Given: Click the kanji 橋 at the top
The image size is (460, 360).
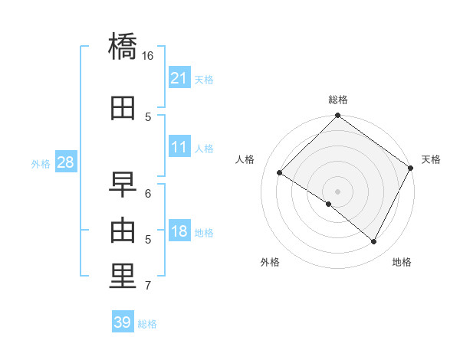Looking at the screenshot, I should [123, 47].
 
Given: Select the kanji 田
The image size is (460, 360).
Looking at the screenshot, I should [123, 108].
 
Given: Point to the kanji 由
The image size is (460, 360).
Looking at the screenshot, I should [123, 230].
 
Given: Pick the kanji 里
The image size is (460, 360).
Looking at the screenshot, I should [123, 277].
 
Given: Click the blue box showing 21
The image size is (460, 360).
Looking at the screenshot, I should [179, 78].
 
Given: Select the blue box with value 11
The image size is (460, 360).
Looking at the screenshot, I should [179, 147].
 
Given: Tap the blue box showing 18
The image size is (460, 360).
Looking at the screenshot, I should [179, 231].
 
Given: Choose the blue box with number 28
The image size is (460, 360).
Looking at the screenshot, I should [65, 162].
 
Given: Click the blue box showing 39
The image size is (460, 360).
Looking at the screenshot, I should [123, 322].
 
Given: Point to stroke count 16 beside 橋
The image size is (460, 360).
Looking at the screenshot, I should [148, 56].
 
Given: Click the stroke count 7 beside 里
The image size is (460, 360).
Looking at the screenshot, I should [148, 286].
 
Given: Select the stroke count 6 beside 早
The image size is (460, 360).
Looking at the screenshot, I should [148, 193].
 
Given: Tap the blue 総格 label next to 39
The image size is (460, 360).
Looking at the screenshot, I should [148, 324].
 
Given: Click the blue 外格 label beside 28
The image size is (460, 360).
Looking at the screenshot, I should [41, 163].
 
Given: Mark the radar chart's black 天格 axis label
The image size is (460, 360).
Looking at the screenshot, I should [431, 159].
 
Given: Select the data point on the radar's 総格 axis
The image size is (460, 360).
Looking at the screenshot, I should [337, 116].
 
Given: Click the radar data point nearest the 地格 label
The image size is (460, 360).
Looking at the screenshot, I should [374, 242].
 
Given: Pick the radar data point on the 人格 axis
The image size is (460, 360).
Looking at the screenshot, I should [280, 173].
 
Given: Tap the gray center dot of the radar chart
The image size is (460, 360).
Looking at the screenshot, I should [337, 191].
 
